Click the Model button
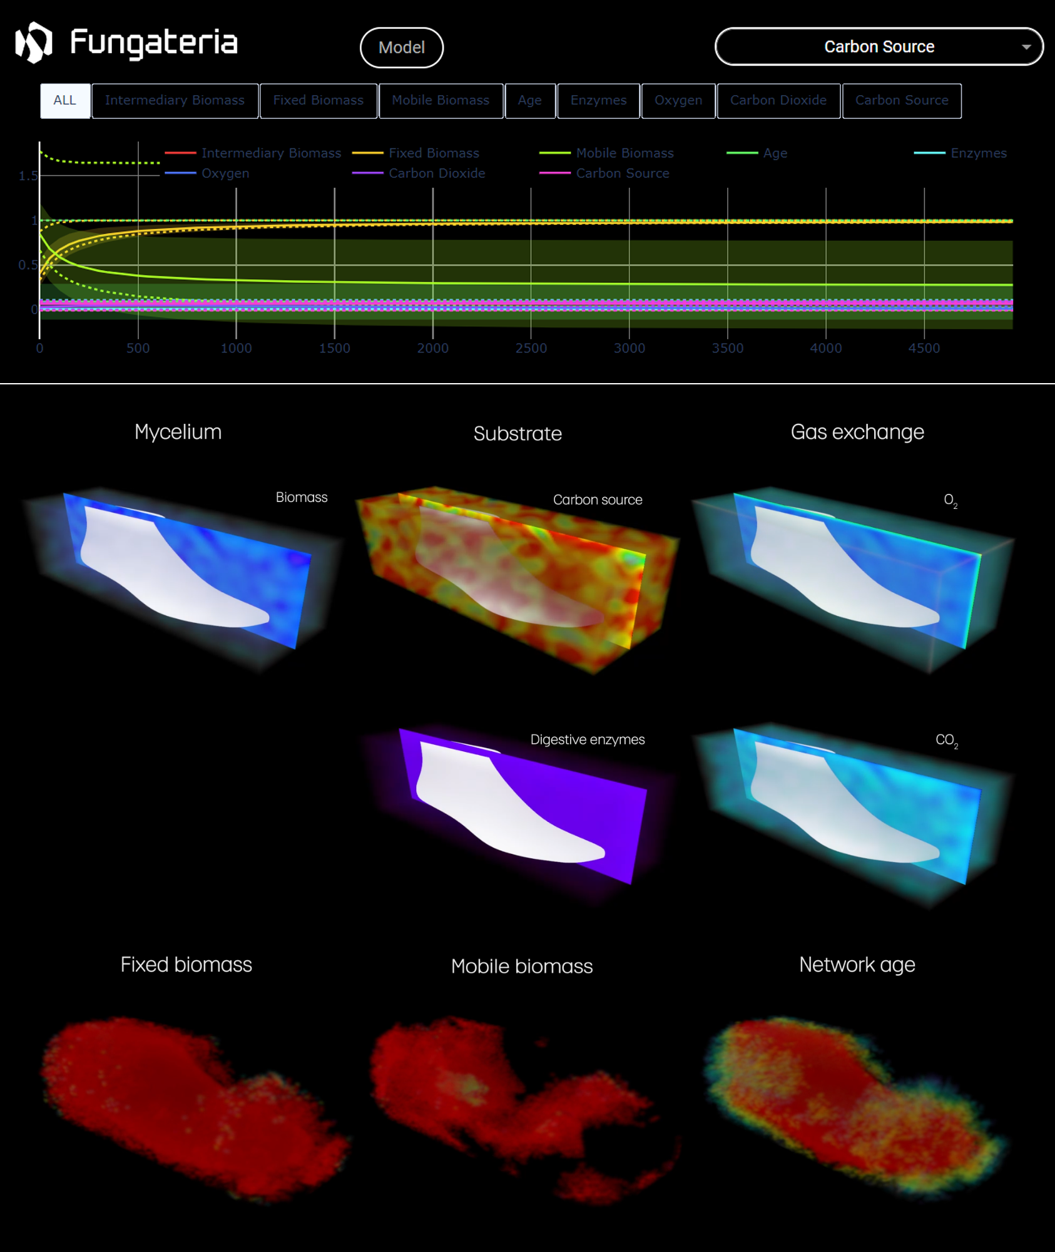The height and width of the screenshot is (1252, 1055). (x=401, y=48)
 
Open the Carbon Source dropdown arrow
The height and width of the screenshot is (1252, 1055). (x=1026, y=47)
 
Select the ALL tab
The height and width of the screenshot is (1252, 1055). (x=65, y=101)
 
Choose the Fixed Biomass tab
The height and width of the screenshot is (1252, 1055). (x=318, y=101)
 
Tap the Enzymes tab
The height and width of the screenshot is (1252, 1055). (x=598, y=101)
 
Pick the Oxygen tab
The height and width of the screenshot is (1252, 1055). (x=678, y=101)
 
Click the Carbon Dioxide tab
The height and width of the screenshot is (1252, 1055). (x=778, y=101)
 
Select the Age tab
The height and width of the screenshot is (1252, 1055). (x=529, y=101)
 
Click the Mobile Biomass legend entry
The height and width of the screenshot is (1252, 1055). (x=624, y=153)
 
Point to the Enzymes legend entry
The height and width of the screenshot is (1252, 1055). (x=978, y=153)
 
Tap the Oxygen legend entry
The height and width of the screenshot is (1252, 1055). (x=225, y=173)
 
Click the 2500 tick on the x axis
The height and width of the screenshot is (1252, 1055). (x=531, y=348)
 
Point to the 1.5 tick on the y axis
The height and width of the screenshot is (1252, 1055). (x=28, y=176)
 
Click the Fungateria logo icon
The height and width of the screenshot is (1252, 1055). (x=34, y=43)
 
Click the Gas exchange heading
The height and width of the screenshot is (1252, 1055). (x=857, y=432)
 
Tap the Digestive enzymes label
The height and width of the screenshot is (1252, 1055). (x=587, y=739)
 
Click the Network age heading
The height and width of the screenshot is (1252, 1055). (x=857, y=965)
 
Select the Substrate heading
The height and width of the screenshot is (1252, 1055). (x=517, y=433)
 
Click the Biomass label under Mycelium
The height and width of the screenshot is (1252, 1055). (x=302, y=497)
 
